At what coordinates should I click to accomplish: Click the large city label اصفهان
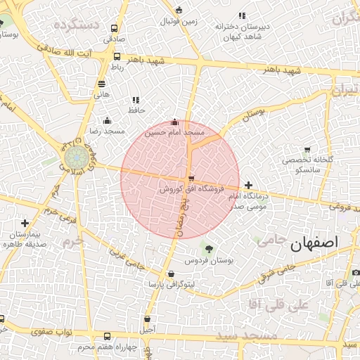313,242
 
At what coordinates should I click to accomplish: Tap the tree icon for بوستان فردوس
208,248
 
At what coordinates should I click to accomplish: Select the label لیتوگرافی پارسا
170,285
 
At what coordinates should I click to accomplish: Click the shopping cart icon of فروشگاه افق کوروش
191,179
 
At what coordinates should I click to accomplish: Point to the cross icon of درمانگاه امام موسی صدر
248,185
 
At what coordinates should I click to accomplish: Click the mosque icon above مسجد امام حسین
175,122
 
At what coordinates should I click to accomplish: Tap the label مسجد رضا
105,131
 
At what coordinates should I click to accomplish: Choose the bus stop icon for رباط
117,57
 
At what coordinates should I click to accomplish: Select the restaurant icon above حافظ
136,100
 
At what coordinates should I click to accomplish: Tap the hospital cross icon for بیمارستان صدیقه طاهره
25,223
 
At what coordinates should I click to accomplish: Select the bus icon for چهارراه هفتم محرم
107,336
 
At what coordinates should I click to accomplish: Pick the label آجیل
148,328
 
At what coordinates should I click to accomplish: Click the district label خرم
73,240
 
